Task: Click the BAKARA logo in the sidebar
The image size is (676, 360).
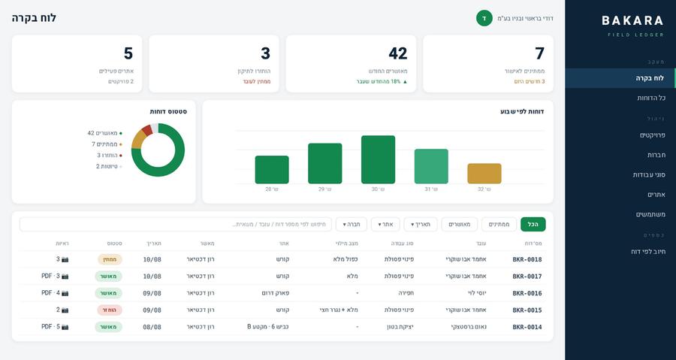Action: point(632,20)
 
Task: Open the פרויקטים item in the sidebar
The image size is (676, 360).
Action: point(652,135)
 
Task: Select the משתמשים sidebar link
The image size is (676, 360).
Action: point(650,214)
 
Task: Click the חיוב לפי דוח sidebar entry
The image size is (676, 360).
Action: point(648,251)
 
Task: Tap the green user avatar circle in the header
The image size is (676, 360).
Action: point(484,19)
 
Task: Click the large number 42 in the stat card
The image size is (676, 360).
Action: point(398,53)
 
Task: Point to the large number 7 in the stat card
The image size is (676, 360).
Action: point(540,53)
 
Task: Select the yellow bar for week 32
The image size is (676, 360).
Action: point(484,174)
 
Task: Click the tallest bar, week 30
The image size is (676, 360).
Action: point(378,159)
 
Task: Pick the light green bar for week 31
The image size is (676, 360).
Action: point(431,166)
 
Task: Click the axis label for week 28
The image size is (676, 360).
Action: point(272,189)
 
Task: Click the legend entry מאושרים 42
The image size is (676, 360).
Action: point(104,133)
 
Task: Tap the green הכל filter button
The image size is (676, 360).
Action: point(533,224)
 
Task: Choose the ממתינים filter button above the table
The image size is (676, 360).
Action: point(499,224)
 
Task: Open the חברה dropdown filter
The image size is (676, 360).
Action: point(352,224)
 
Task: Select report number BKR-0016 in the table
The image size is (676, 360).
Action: point(527,293)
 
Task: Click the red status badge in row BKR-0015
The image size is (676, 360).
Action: point(109,310)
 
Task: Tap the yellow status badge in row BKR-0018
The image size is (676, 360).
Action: point(110,259)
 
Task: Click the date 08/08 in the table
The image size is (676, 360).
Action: point(152,327)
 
